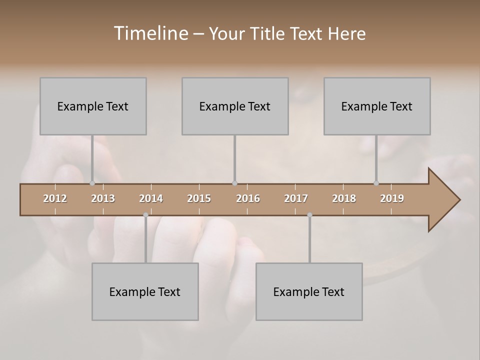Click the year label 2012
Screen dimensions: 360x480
(55, 198)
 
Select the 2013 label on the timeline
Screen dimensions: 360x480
(103, 198)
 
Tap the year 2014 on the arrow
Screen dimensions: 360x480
(151, 198)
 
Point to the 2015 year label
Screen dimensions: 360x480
(199, 198)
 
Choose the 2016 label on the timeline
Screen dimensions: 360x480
(248, 198)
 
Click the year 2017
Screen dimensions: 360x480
(296, 198)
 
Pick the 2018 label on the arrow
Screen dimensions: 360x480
(344, 198)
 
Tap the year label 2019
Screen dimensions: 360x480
(392, 198)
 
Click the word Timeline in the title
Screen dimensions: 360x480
(150, 33)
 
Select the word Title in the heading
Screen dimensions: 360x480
(268, 33)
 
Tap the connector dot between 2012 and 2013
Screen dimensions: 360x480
(92, 183)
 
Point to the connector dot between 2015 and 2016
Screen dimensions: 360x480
(234, 183)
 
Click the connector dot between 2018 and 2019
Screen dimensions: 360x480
(376, 183)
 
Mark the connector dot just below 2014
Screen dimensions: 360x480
(145, 215)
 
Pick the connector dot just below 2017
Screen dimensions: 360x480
(309, 215)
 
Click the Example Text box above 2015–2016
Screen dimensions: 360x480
(234, 106)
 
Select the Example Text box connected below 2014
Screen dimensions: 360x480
(145, 291)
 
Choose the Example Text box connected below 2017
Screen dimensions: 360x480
(309, 291)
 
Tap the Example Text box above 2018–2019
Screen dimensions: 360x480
(377, 106)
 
